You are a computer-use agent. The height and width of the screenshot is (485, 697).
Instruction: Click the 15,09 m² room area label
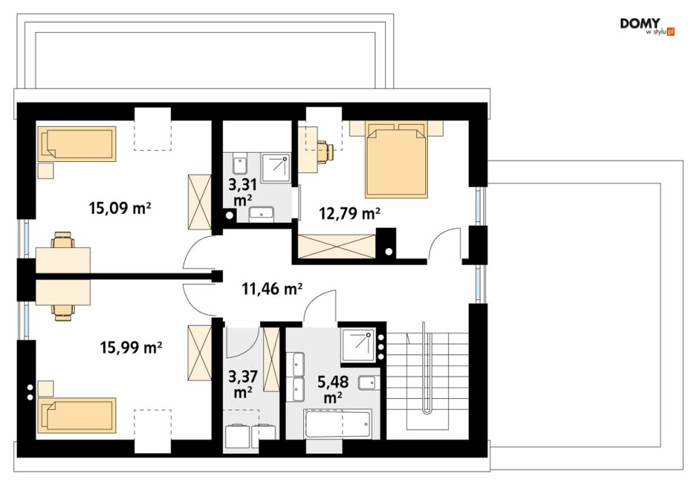tap(120, 207)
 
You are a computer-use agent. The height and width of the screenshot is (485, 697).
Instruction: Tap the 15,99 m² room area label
tap(131, 347)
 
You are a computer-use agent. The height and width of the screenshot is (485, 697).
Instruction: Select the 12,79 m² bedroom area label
tap(350, 213)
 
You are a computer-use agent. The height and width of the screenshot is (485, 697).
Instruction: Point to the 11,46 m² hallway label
tap(272, 289)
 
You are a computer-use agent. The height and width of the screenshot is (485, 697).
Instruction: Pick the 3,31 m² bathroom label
tap(242, 192)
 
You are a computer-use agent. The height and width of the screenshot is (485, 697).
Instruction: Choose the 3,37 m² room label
tap(242, 385)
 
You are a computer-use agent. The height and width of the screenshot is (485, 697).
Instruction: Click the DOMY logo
tap(647, 26)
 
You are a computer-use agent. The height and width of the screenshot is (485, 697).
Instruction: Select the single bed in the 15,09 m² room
tap(77, 144)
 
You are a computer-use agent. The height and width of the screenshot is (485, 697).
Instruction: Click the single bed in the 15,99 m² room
tap(77, 415)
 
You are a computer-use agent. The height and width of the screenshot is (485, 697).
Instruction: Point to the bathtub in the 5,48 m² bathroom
tap(338, 424)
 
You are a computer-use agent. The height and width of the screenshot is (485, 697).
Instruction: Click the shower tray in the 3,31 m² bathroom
tap(276, 168)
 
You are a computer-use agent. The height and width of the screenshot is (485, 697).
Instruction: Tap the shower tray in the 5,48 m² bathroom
tap(358, 345)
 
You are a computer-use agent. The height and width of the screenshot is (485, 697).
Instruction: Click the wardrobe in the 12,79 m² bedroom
tap(336, 246)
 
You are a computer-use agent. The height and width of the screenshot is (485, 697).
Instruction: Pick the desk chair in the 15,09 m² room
tap(62, 240)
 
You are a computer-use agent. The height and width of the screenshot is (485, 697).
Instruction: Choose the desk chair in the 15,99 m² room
tap(62, 312)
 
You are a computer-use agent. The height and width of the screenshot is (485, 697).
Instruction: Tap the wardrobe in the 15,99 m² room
tap(199, 353)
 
